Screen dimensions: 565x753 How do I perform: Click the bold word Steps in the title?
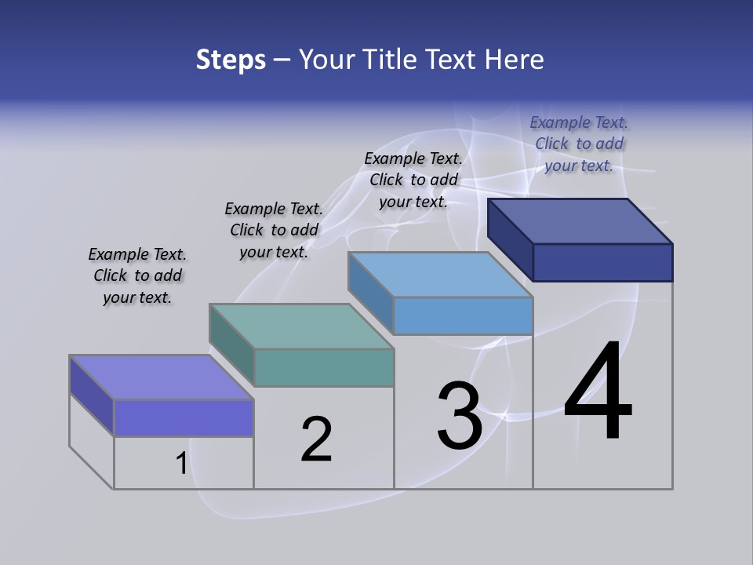pyautogui.click(x=231, y=60)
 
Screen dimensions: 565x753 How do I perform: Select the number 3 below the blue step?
pyautogui.click(x=460, y=415)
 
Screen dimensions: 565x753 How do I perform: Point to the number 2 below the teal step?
pyautogui.click(x=317, y=439)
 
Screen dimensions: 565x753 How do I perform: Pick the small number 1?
pyautogui.click(x=181, y=464)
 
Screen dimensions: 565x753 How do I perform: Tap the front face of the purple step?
pyautogui.click(x=184, y=417)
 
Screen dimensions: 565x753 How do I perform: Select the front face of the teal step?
pyautogui.click(x=324, y=367)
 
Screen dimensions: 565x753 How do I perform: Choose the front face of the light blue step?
pyautogui.click(x=463, y=315)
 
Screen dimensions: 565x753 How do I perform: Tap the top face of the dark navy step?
pyautogui.click(x=580, y=221)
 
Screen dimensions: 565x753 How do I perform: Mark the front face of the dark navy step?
pyautogui.click(x=602, y=262)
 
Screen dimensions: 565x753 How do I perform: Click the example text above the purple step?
pyautogui.click(x=137, y=275)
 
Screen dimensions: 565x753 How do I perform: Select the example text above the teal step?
pyautogui.click(x=274, y=230)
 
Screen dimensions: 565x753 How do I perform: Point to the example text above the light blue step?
pyautogui.click(x=413, y=180)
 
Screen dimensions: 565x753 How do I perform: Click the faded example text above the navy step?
pyautogui.click(x=579, y=144)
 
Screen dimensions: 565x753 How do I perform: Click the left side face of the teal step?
pyautogui.click(x=232, y=343)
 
